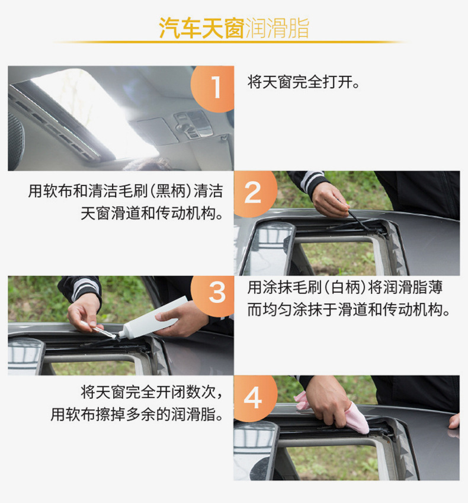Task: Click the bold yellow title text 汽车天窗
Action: (x=201, y=28)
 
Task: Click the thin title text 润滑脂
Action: (x=277, y=28)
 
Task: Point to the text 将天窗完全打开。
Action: (x=304, y=82)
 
